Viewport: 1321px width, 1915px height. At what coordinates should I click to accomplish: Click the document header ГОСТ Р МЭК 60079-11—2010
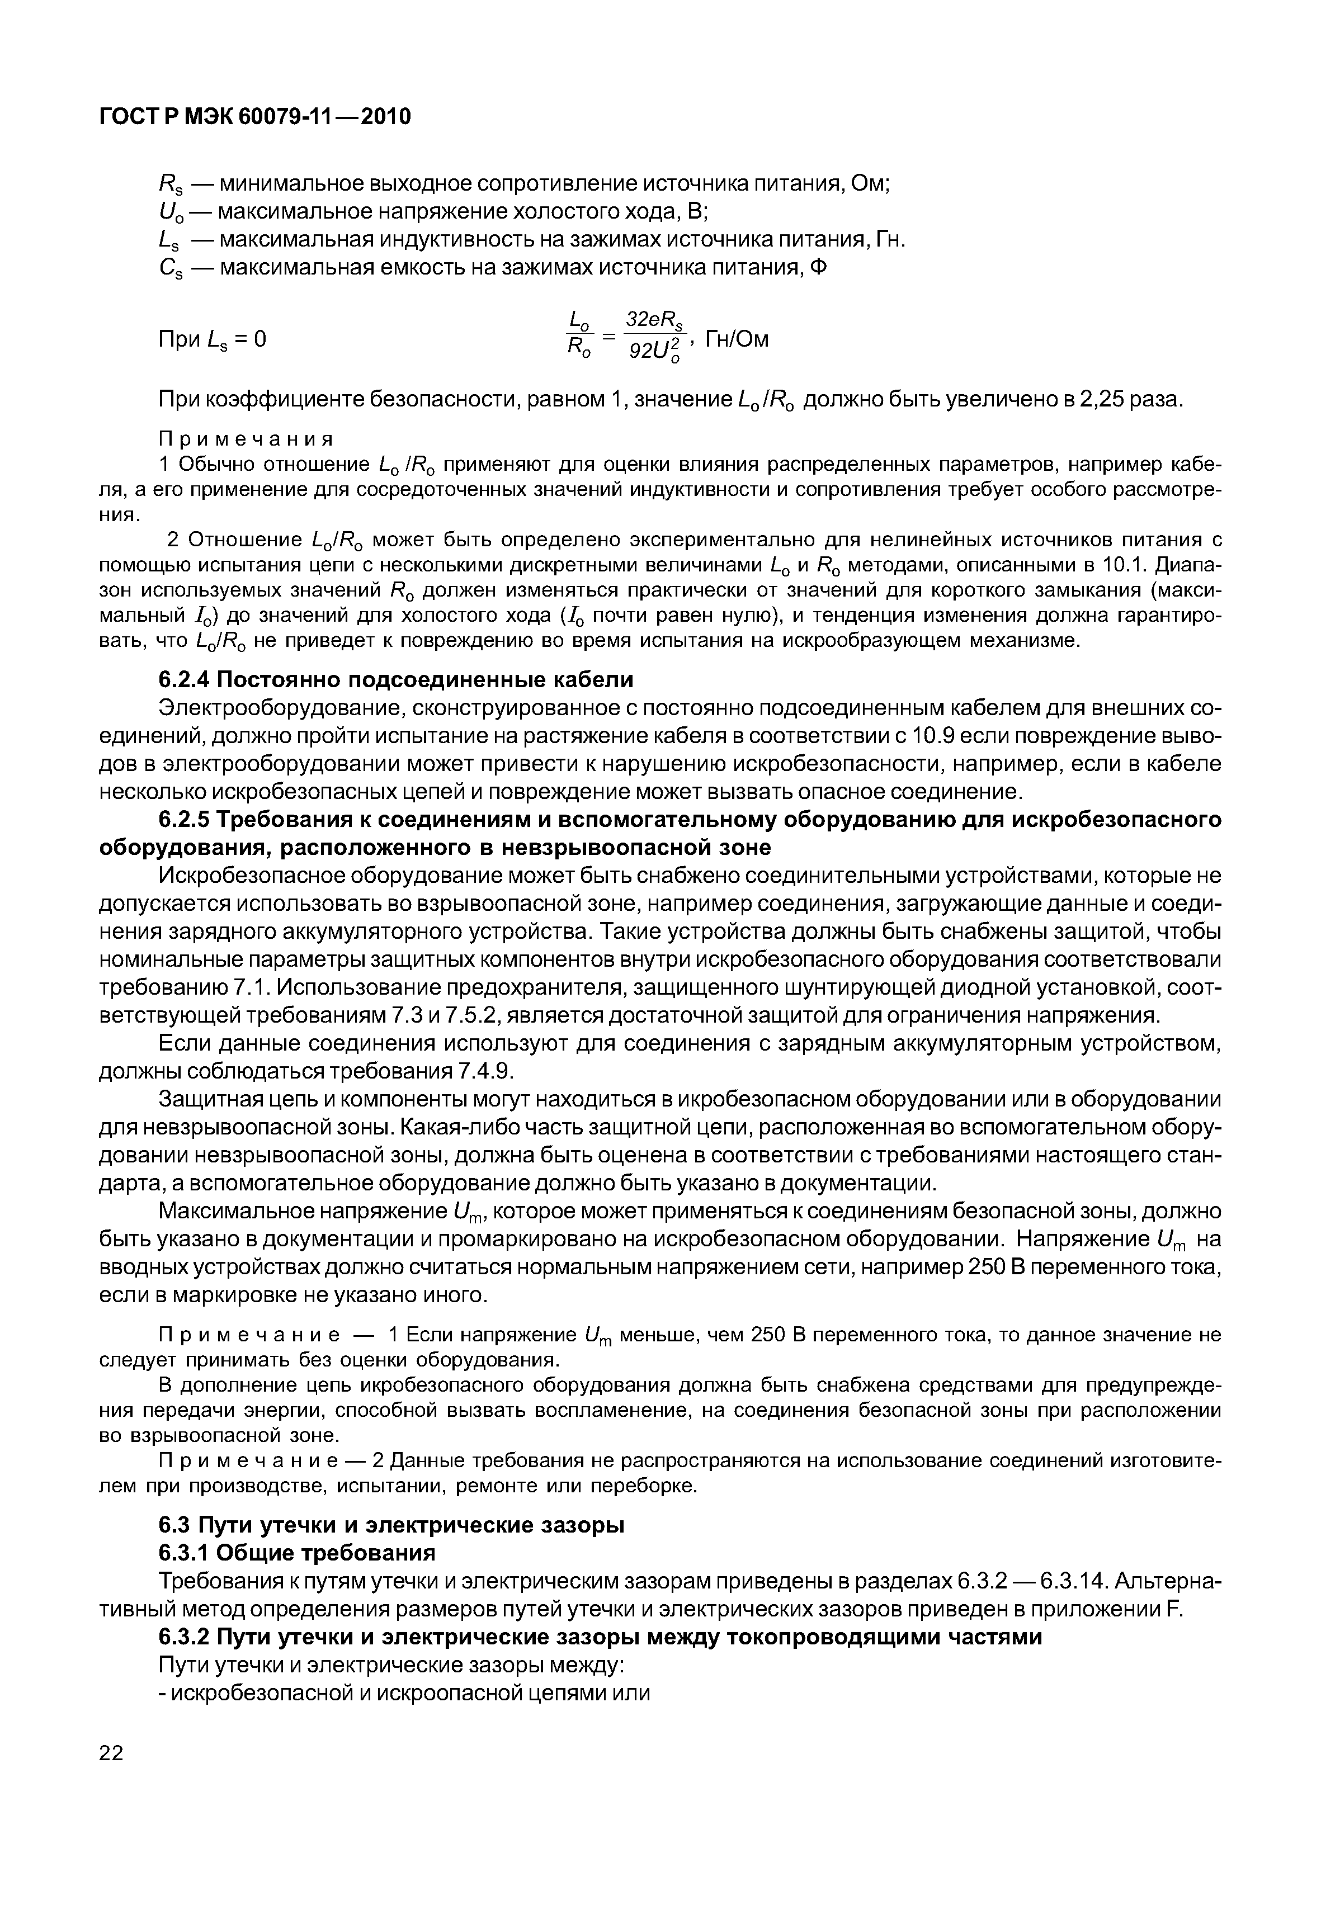255,117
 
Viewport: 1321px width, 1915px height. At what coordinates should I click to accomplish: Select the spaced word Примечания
246,438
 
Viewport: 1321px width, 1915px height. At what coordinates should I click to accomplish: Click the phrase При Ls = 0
212,339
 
